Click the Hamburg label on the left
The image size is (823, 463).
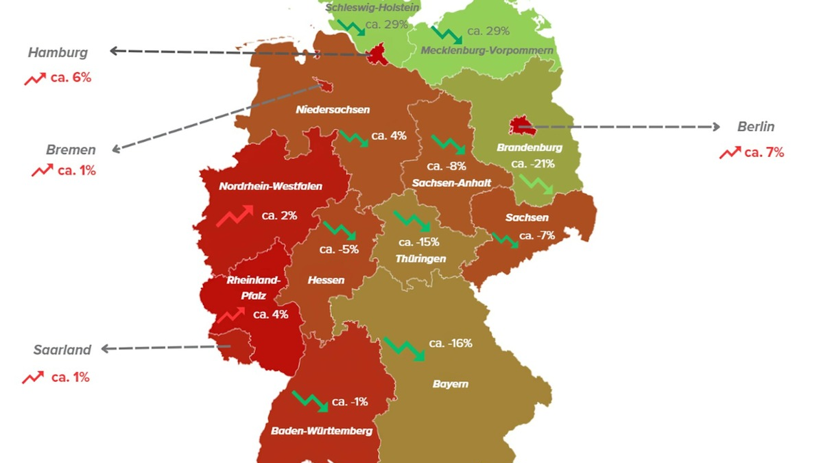(58, 53)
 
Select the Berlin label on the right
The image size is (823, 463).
(756, 127)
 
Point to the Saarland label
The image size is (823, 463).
(62, 350)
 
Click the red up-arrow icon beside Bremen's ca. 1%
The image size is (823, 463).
(42, 171)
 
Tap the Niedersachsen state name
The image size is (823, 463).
(333, 110)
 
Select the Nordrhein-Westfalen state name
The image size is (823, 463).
(270, 186)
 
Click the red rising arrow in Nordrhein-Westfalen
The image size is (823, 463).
(235, 215)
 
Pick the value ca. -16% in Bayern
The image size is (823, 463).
(451, 343)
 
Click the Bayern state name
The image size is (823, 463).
(450, 384)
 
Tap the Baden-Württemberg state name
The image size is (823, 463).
(322, 431)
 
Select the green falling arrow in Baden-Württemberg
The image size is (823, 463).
(310, 401)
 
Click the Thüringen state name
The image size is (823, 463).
(420, 259)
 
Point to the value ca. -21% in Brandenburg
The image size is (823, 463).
(533, 164)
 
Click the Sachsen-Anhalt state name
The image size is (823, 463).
(442, 182)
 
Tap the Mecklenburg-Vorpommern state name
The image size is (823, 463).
(487, 51)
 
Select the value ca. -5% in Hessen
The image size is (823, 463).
(339, 250)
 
